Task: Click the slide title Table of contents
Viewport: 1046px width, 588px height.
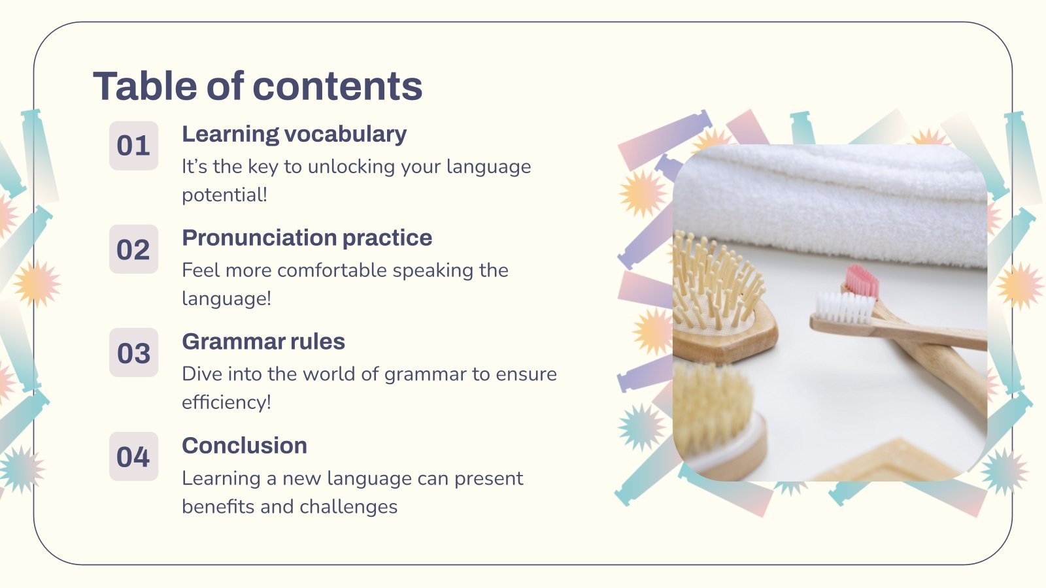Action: click(258, 86)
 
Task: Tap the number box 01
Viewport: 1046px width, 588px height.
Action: click(133, 146)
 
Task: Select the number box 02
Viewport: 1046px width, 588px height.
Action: click(133, 250)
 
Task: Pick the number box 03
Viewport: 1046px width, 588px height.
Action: click(133, 353)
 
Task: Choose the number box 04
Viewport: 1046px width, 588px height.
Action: click(133, 457)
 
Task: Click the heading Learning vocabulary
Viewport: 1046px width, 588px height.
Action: click(294, 134)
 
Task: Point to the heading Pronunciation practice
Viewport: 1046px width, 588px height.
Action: click(307, 238)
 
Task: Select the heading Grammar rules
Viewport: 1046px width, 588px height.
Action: click(263, 342)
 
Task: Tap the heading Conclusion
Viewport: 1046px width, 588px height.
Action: click(245, 446)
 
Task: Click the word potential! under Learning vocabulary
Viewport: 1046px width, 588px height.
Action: click(224, 195)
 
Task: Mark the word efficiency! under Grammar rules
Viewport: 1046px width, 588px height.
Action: click(226, 402)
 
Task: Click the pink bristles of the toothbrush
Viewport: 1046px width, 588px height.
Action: click(862, 280)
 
